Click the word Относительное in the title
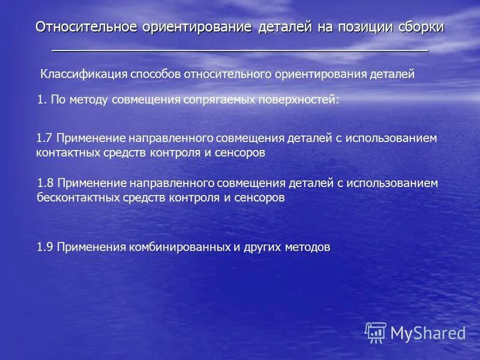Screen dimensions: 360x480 (x=86, y=27)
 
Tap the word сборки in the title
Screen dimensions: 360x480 (x=419, y=27)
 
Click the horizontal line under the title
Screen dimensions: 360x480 (x=240, y=50)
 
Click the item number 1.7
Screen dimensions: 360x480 (x=45, y=138)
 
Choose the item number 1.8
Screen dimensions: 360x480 (x=46, y=182)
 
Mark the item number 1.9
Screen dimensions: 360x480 (x=45, y=247)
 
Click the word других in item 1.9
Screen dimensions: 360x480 (x=263, y=247)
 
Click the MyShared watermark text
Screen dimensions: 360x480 (x=428, y=332)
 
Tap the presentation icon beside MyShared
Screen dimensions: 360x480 (x=376, y=332)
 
